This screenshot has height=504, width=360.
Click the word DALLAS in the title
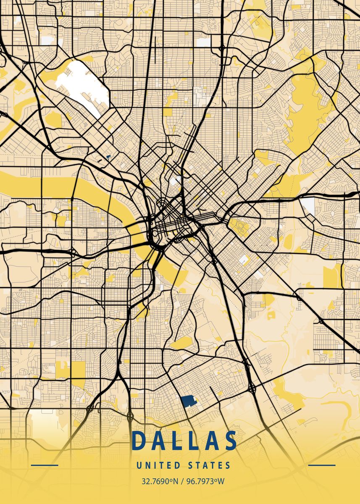(184, 441)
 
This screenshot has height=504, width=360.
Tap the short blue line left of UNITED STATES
(45, 465)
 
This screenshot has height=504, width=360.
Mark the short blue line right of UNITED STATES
(322, 465)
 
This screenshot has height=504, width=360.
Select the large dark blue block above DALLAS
(189, 401)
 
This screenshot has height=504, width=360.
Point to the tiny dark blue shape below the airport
(108, 157)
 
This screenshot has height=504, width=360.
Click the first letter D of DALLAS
(139, 441)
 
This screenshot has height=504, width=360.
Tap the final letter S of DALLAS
(230, 441)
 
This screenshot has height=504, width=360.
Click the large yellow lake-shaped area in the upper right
(305, 109)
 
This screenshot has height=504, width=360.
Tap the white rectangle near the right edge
(307, 205)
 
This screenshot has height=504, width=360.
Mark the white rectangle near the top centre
(203, 42)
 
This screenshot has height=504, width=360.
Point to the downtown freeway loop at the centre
(172, 227)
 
